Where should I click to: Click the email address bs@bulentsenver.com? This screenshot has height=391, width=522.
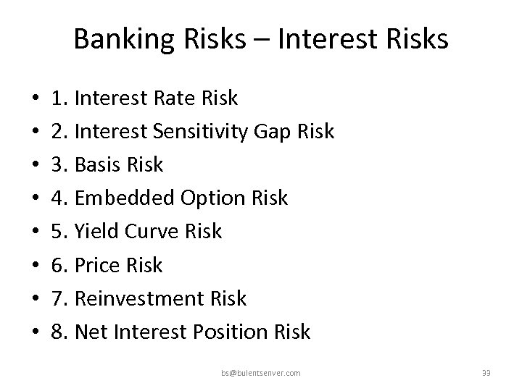[x=262, y=373]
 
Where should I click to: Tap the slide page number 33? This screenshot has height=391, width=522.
[x=486, y=373]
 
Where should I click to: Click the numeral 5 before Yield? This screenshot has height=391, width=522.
[x=58, y=231]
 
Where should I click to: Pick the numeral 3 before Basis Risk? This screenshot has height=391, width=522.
[x=58, y=164]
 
